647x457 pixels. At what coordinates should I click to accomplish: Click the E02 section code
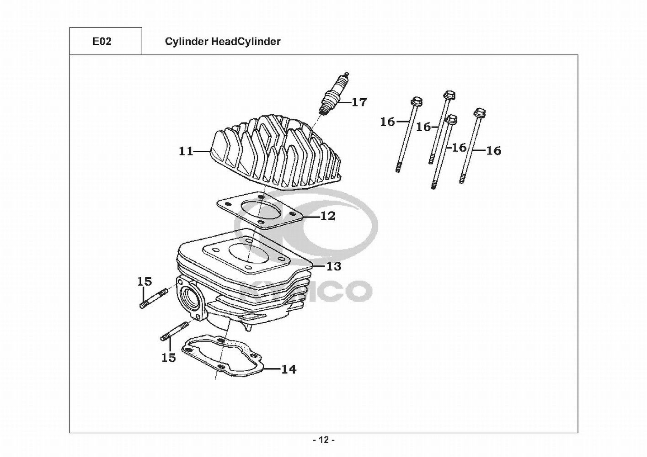click(x=102, y=42)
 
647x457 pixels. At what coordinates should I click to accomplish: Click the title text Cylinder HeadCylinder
click(x=222, y=42)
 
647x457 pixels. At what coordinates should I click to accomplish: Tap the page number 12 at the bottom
click(x=323, y=440)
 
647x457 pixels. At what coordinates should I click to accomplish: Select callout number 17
click(x=359, y=102)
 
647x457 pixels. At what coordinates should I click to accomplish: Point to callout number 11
click(x=186, y=151)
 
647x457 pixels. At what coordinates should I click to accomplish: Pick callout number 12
click(x=327, y=216)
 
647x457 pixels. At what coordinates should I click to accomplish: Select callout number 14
click(x=288, y=369)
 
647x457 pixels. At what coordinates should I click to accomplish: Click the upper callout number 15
click(x=144, y=281)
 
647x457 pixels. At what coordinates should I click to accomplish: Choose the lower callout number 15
click(x=169, y=357)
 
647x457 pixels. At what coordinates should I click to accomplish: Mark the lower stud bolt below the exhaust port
click(x=175, y=331)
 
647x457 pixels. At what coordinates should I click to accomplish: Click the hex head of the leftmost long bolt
click(x=416, y=101)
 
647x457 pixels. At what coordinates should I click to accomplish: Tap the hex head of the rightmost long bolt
click(x=479, y=112)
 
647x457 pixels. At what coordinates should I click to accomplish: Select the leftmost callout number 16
click(x=387, y=122)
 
